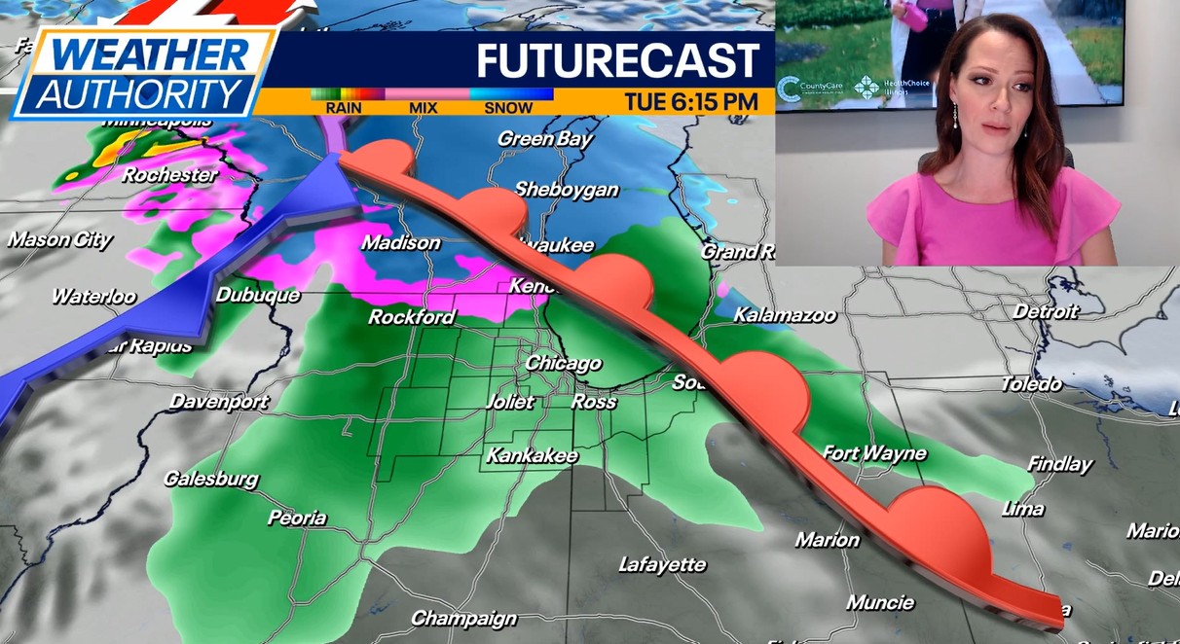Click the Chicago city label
563,363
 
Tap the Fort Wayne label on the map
874,453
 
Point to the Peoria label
297,518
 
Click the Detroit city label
1046,311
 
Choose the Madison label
401,242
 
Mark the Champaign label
463,618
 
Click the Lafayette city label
662,564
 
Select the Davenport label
219,401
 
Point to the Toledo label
1031,384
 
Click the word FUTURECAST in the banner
617,61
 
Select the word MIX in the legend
424,108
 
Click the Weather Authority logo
144,73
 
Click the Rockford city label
411,317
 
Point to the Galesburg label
211,479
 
